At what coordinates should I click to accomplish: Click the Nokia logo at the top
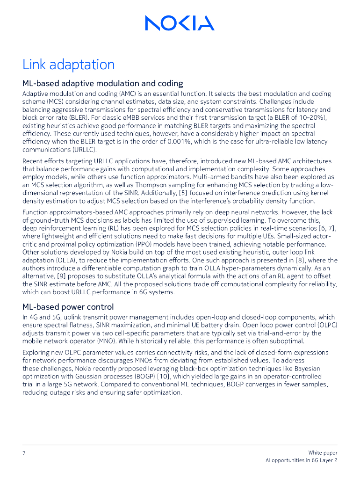pyautogui.click(x=180, y=22)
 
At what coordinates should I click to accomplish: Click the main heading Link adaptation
pyautogui.click(x=68, y=64)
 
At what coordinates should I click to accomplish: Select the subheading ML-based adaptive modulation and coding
pyautogui.click(x=103, y=83)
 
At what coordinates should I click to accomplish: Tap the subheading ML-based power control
pyautogui.click(x=68, y=307)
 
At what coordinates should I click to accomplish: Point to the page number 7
pyautogui.click(x=24, y=453)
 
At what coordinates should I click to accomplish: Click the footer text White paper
pyautogui.click(x=323, y=453)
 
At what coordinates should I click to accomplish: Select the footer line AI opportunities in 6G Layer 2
pyautogui.click(x=302, y=461)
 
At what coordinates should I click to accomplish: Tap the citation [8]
pyautogui.click(x=294, y=260)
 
